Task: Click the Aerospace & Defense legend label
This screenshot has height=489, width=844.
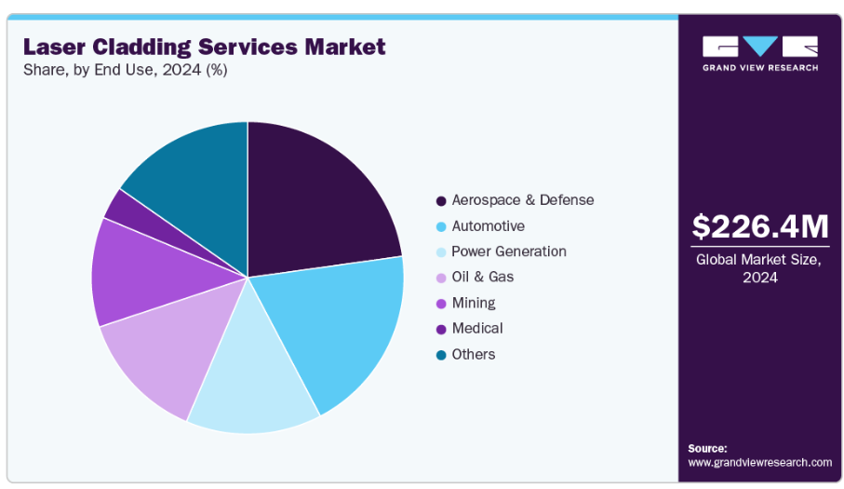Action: tap(522, 200)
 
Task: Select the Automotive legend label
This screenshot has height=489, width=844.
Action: tap(488, 226)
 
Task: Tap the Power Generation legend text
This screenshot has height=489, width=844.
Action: tap(508, 251)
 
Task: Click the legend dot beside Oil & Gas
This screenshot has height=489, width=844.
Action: tap(440, 278)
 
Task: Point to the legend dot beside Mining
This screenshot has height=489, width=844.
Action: tap(440, 304)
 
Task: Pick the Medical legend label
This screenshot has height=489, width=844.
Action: tap(476, 328)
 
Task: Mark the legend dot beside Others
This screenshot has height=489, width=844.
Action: tap(440, 355)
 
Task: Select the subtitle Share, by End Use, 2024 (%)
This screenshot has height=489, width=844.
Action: tap(125, 70)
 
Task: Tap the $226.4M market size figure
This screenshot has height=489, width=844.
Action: tap(759, 226)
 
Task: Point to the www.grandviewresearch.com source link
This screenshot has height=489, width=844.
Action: tap(759, 463)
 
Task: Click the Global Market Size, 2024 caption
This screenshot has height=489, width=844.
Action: tap(759, 268)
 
